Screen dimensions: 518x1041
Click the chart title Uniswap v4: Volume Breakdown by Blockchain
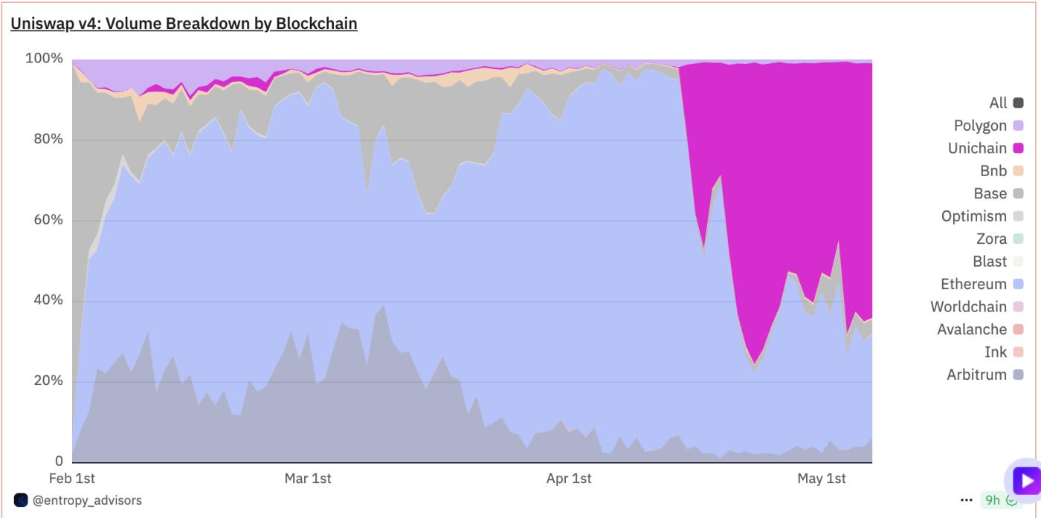pos(184,24)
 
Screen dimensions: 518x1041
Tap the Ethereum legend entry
pos(973,284)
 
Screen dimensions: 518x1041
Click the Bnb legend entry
pos(993,171)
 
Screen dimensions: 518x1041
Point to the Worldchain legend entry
pos(968,307)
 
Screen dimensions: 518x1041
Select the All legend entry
pos(998,103)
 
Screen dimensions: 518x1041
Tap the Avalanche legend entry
pos(972,329)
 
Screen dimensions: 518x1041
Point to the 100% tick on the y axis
pos(44,59)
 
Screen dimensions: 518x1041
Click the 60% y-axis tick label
pos(47,220)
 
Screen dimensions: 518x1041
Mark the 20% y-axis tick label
pos(47,381)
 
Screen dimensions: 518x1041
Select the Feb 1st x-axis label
pos(72,479)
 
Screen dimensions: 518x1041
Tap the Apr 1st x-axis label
pos(569,479)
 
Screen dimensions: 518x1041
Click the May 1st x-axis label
pos(822,479)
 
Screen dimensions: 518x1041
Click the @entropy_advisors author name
pos(87,500)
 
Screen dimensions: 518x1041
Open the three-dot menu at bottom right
pos(966,500)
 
